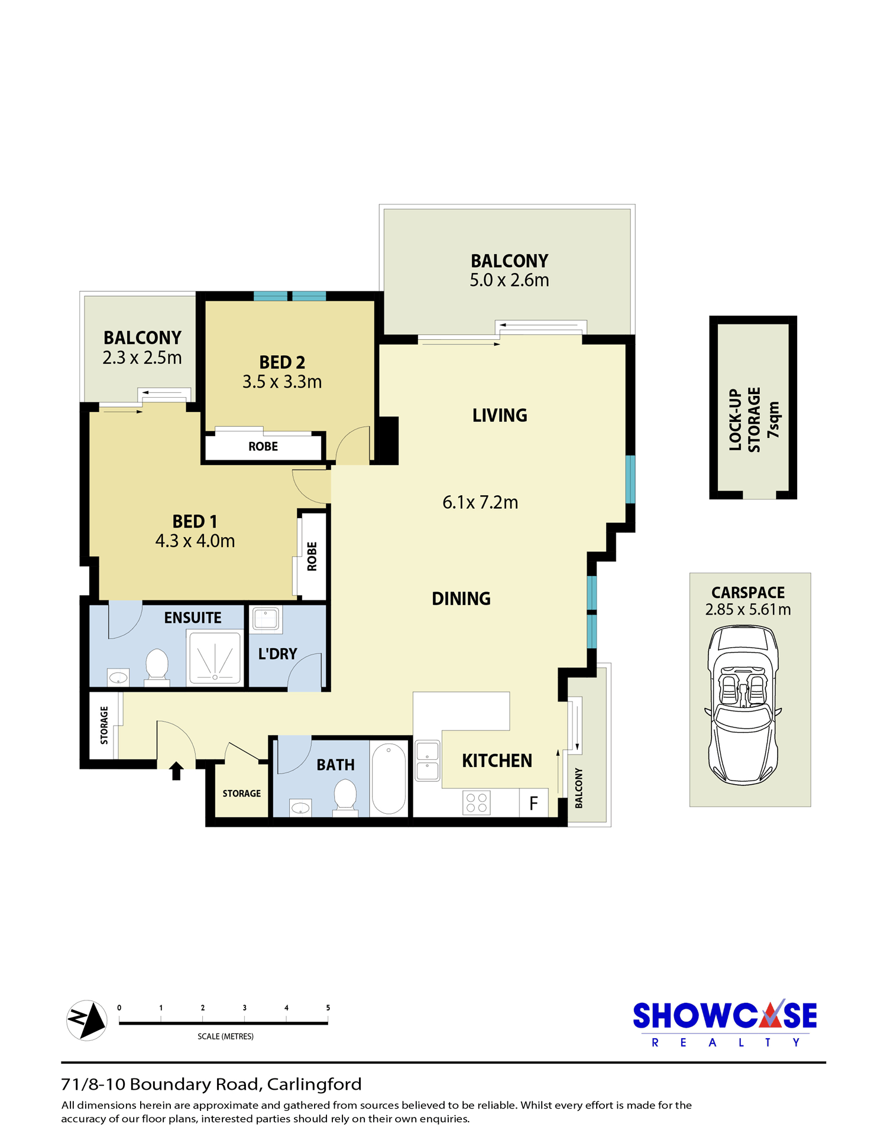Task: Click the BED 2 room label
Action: (282, 362)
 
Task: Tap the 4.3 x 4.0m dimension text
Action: (195, 541)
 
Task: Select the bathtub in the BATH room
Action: (389, 778)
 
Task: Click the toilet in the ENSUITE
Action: (157, 667)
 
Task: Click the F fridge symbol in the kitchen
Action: (533, 803)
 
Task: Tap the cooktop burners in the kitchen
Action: (477, 803)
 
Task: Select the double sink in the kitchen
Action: (428, 761)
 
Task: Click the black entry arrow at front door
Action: (176, 771)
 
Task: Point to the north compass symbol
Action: (87, 1021)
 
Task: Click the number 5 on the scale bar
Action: (328, 1008)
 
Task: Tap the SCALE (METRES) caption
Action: (225, 1036)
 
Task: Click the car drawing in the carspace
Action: (743, 705)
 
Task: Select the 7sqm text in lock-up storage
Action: (773, 420)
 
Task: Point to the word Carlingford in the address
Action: (314, 1084)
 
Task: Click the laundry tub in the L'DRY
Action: (266, 619)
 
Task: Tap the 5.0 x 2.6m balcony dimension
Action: (509, 280)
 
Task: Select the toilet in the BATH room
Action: (345, 797)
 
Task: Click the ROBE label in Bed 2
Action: (263, 447)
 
